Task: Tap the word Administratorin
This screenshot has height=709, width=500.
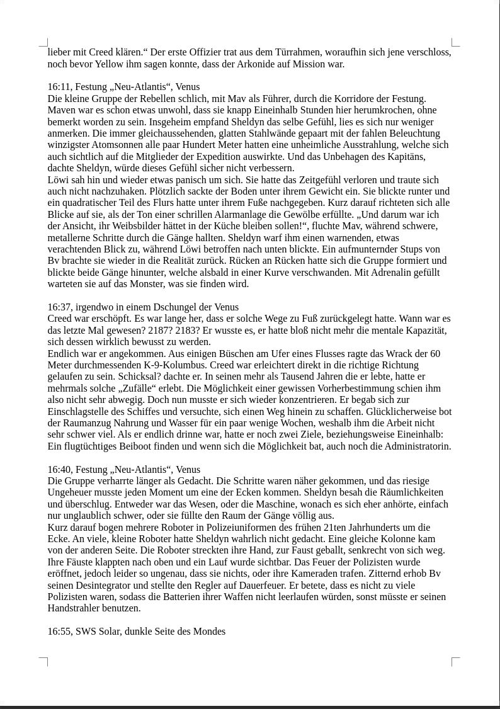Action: click(418, 446)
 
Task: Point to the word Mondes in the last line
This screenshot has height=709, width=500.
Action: click(209, 632)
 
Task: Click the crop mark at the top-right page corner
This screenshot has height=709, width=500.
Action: click(455, 43)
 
